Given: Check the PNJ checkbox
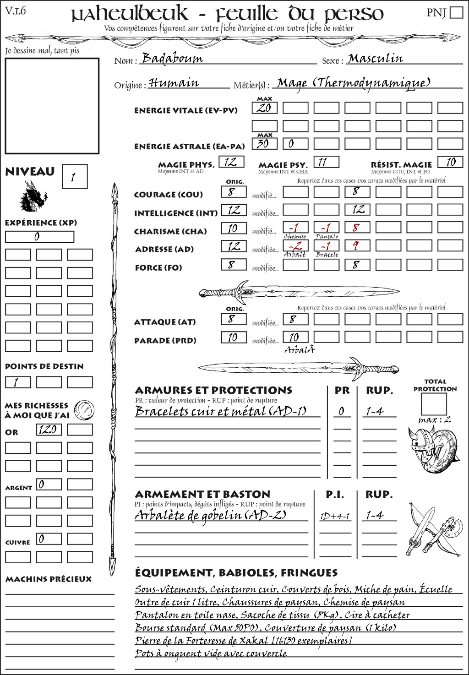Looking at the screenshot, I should click(456, 12).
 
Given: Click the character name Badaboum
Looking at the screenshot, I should click(172, 58).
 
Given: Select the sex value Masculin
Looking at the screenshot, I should click(375, 59).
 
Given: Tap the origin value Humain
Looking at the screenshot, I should click(174, 83).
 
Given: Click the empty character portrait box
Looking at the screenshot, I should click(52, 106).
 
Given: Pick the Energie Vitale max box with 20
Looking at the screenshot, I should click(264, 108).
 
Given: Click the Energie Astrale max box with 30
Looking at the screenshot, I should click(264, 144).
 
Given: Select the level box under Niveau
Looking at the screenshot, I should click(74, 176).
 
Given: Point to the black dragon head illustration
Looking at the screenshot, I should click(33, 197).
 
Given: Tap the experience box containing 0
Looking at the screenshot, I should click(39, 237).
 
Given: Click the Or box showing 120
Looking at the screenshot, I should click(49, 430).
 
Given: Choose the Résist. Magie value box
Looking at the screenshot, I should click(450, 162).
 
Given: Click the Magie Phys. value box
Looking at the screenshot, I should click(231, 162).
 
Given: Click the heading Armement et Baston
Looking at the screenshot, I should click(202, 495).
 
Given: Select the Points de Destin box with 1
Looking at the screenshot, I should click(18, 382).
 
